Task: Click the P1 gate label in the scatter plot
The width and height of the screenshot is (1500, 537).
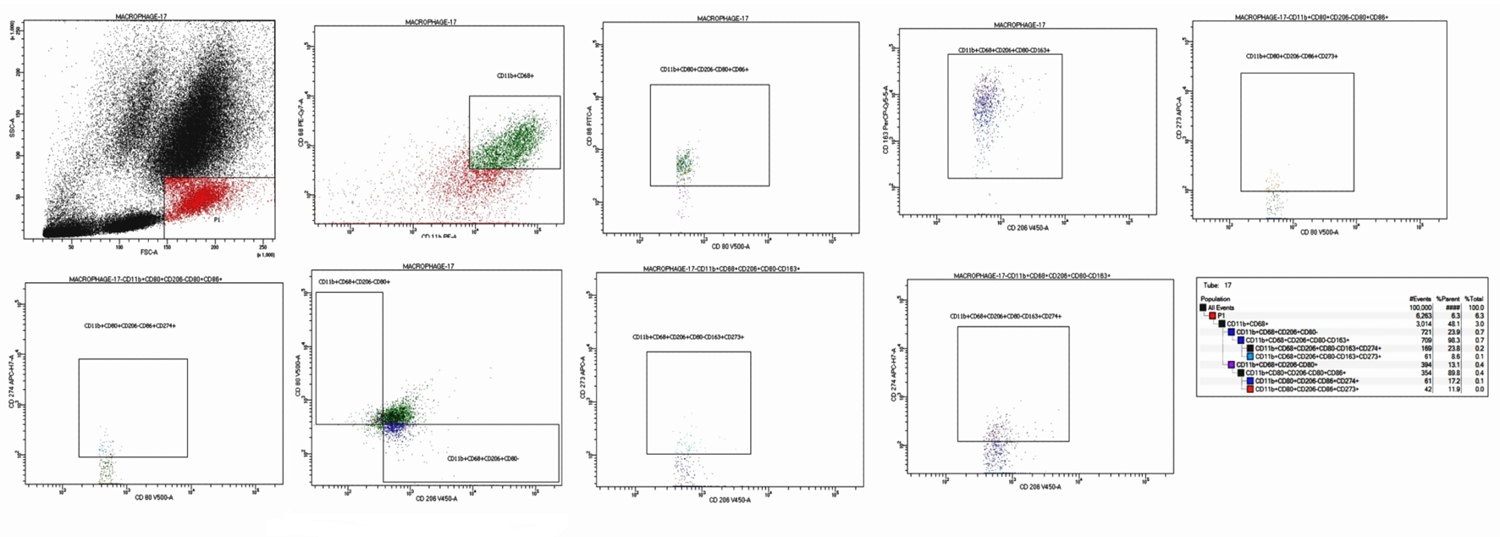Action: (x=217, y=220)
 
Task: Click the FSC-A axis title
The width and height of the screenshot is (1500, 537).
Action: (x=149, y=252)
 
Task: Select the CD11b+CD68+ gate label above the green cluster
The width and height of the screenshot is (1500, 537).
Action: (x=516, y=75)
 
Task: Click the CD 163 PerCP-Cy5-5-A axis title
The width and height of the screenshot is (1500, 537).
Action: (x=885, y=119)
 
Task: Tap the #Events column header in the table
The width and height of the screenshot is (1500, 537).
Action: (x=1420, y=299)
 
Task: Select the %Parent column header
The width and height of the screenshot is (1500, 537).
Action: (x=1448, y=299)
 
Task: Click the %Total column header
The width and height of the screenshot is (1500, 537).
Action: (x=1474, y=299)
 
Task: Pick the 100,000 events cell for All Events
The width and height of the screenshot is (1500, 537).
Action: (x=1420, y=307)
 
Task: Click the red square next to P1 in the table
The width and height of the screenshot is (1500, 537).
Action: (x=1212, y=316)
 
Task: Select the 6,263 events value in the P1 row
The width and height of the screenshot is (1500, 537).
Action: (x=1422, y=316)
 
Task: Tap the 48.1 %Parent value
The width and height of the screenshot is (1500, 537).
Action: (x=1453, y=324)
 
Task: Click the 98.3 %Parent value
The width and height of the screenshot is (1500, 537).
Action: (x=1453, y=340)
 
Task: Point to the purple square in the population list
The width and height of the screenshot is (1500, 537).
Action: (x=1231, y=364)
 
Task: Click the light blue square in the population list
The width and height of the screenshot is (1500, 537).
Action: (x=1249, y=357)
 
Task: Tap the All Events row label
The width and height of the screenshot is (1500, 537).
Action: (x=1221, y=307)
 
